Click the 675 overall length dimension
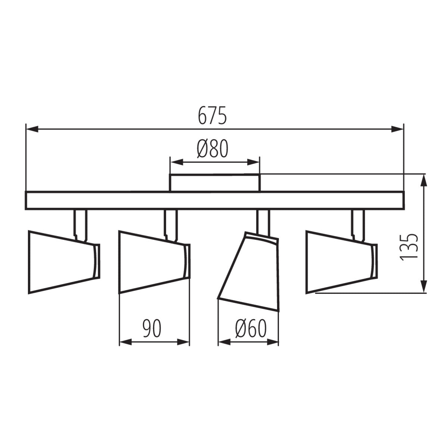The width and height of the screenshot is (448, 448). (212, 116)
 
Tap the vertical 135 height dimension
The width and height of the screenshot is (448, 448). (408, 247)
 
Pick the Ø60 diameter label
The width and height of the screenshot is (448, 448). (251, 329)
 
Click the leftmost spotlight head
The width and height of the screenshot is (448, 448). (62, 262)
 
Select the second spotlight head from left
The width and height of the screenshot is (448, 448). (151, 262)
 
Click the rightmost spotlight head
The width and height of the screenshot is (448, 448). (338, 262)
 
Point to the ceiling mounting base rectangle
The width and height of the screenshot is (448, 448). (215, 183)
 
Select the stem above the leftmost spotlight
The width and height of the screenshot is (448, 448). (80, 222)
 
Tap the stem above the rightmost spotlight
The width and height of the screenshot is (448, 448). (357, 222)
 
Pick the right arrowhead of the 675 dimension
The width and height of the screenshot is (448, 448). (398, 129)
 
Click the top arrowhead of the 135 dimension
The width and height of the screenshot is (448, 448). (424, 181)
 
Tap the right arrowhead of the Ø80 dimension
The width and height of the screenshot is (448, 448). (254, 162)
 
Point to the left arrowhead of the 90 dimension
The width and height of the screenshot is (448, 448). (124, 342)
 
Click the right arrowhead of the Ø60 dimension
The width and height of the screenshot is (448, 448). (273, 342)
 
